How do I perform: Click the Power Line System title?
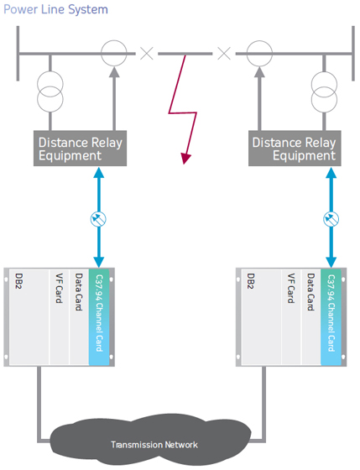point(55,9)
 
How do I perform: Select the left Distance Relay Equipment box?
point(80,149)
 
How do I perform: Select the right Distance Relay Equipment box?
point(295,149)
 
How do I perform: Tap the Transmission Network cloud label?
point(154,445)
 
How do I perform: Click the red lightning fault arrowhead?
point(185,159)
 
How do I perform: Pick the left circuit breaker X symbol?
point(147,54)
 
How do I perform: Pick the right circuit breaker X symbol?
point(224,54)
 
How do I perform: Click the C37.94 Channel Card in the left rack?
point(99,317)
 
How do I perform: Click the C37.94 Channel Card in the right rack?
point(331,317)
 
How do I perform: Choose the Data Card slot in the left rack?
point(79,317)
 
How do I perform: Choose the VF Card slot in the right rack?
point(291,317)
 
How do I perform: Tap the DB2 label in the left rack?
point(19,281)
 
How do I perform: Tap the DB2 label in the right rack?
point(251,281)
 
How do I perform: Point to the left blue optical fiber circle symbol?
point(99,219)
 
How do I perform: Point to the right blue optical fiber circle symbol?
point(331,219)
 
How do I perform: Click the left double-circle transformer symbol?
point(50,91)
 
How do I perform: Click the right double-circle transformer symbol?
point(324,91)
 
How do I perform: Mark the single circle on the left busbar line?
point(114,41)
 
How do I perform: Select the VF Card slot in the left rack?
point(60,317)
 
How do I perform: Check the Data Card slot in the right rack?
point(310,317)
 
